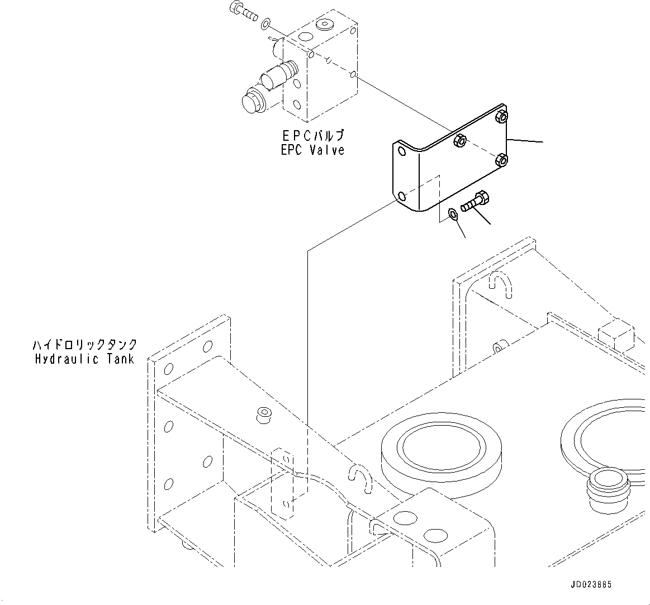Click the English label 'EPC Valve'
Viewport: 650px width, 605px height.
pos(313,150)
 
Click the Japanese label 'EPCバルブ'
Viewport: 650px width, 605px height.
pos(313,136)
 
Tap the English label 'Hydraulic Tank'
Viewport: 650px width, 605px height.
pos(84,359)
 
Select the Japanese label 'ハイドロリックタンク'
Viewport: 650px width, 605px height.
pos(84,345)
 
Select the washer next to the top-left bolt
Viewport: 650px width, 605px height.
pos(266,23)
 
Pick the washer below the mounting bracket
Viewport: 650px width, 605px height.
pos(452,214)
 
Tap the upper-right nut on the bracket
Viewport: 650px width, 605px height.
pos(501,117)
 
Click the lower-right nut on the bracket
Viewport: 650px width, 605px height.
pos(502,160)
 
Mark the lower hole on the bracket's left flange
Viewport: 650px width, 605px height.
pos(401,196)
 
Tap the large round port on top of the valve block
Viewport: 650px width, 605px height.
pos(325,25)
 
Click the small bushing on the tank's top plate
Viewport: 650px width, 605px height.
pos(263,415)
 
